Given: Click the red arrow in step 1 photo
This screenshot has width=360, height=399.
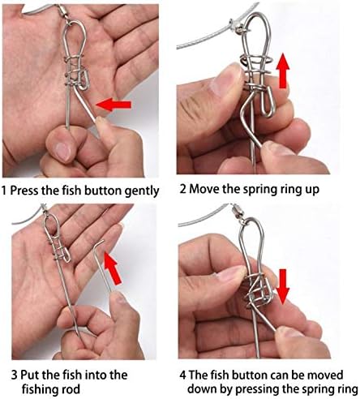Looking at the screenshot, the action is coord(114,105).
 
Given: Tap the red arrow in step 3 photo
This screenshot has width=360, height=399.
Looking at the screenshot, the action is coord(113,268).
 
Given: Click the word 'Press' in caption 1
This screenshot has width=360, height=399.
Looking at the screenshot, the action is coord(24,190).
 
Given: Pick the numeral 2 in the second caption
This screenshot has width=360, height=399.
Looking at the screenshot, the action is coord(183,189).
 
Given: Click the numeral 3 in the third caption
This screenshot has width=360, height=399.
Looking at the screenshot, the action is coord(15,375).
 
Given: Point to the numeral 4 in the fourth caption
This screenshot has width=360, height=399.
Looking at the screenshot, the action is coord(183,375).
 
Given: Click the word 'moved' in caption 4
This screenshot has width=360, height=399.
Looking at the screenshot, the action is coord(325,375).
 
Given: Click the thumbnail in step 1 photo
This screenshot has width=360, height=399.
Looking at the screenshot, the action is coord(63,150).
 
